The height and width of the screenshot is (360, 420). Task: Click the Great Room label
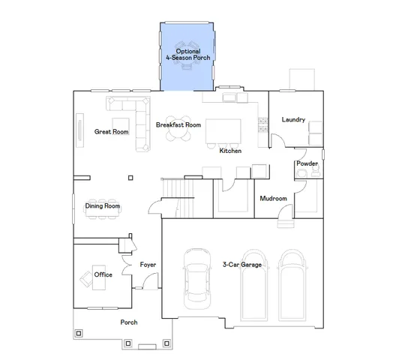tap(111, 132)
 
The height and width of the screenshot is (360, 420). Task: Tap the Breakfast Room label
tap(178, 124)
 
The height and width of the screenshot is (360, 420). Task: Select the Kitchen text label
tap(229, 151)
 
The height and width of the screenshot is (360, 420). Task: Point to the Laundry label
tap(292, 120)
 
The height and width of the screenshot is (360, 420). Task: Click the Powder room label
tap(307, 163)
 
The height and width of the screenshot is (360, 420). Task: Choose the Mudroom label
tap(273, 199)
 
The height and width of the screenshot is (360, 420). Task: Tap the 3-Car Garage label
tap(242, 265)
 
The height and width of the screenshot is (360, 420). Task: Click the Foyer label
tap(148, 265)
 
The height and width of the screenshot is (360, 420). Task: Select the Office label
tap(103, 274)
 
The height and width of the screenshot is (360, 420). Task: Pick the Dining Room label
tap(102, 205)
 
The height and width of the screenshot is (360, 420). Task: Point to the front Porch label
tap(129, 322)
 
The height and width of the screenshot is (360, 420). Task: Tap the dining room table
tap(102, 214)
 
